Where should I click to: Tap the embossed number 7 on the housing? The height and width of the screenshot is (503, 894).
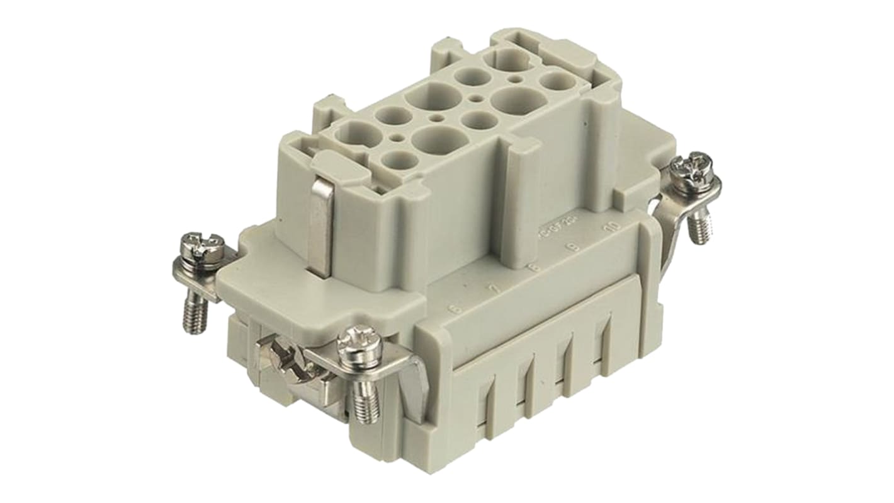point(495,289)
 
